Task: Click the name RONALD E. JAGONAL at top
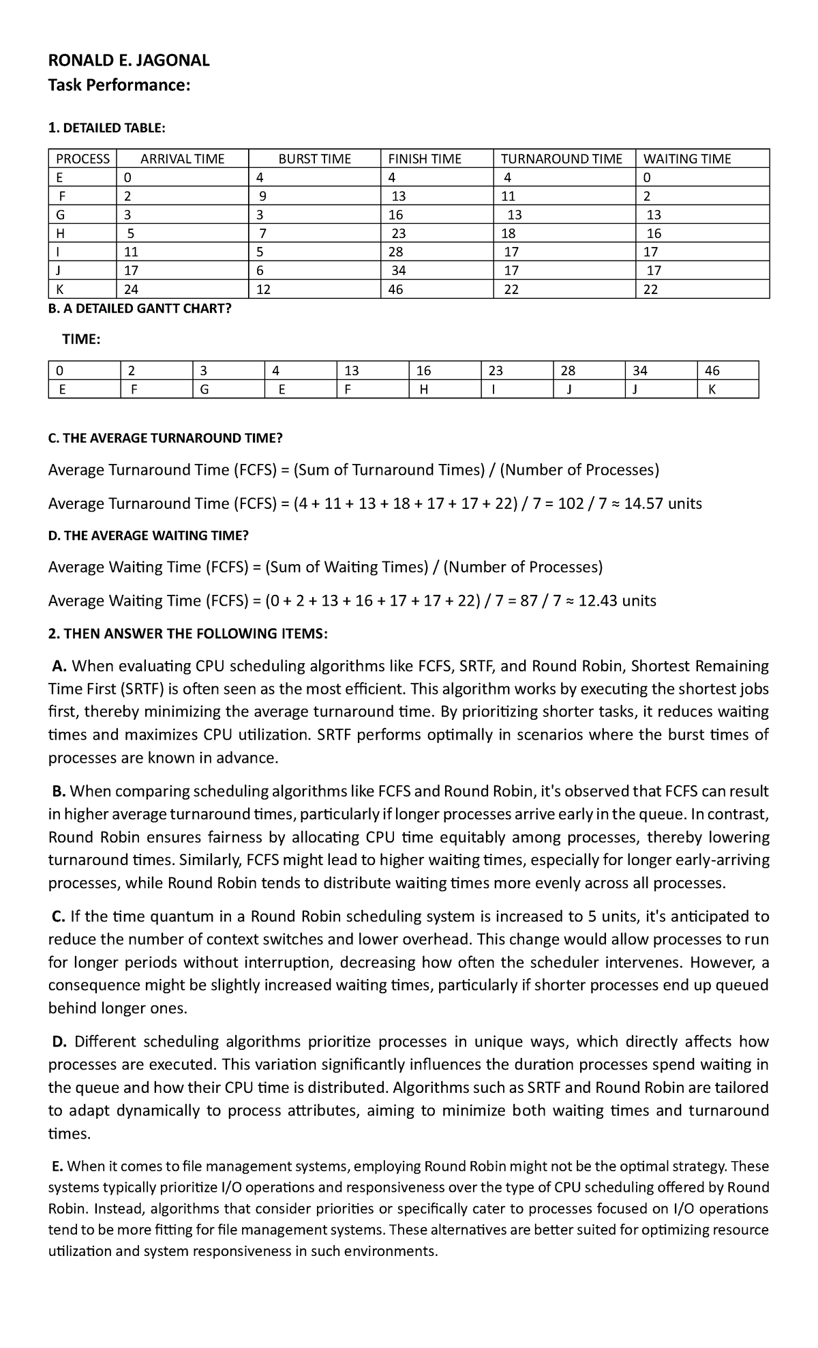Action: click(129, 61)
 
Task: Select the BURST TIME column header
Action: click(314, 159)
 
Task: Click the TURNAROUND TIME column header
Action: click(561, 159)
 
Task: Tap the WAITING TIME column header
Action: click(686, 159)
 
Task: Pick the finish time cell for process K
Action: click(395, 289)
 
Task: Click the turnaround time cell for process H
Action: click(511, 233)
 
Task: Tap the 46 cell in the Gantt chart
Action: click(712, 371)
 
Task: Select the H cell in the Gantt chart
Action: click(423, 390)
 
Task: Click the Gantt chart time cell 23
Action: click(496, 371)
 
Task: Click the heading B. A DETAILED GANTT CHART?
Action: click(140, 308)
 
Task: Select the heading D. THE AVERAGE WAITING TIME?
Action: click(148, 536)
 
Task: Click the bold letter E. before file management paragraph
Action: click(58, 1167)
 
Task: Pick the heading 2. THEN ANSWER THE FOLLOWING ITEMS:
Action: click(188, 634)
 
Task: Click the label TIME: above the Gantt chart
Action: click(81, 340)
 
